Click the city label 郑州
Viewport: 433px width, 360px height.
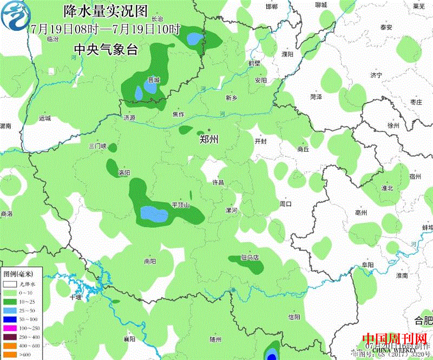208,140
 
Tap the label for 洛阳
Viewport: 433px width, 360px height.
124,173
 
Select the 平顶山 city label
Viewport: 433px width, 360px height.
181,205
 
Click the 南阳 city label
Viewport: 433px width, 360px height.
150,261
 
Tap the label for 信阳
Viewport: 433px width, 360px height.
294,317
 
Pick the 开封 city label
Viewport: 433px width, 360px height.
260,141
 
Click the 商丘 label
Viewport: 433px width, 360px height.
303,149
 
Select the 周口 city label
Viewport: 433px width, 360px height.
285,204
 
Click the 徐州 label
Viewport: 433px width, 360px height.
393,125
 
